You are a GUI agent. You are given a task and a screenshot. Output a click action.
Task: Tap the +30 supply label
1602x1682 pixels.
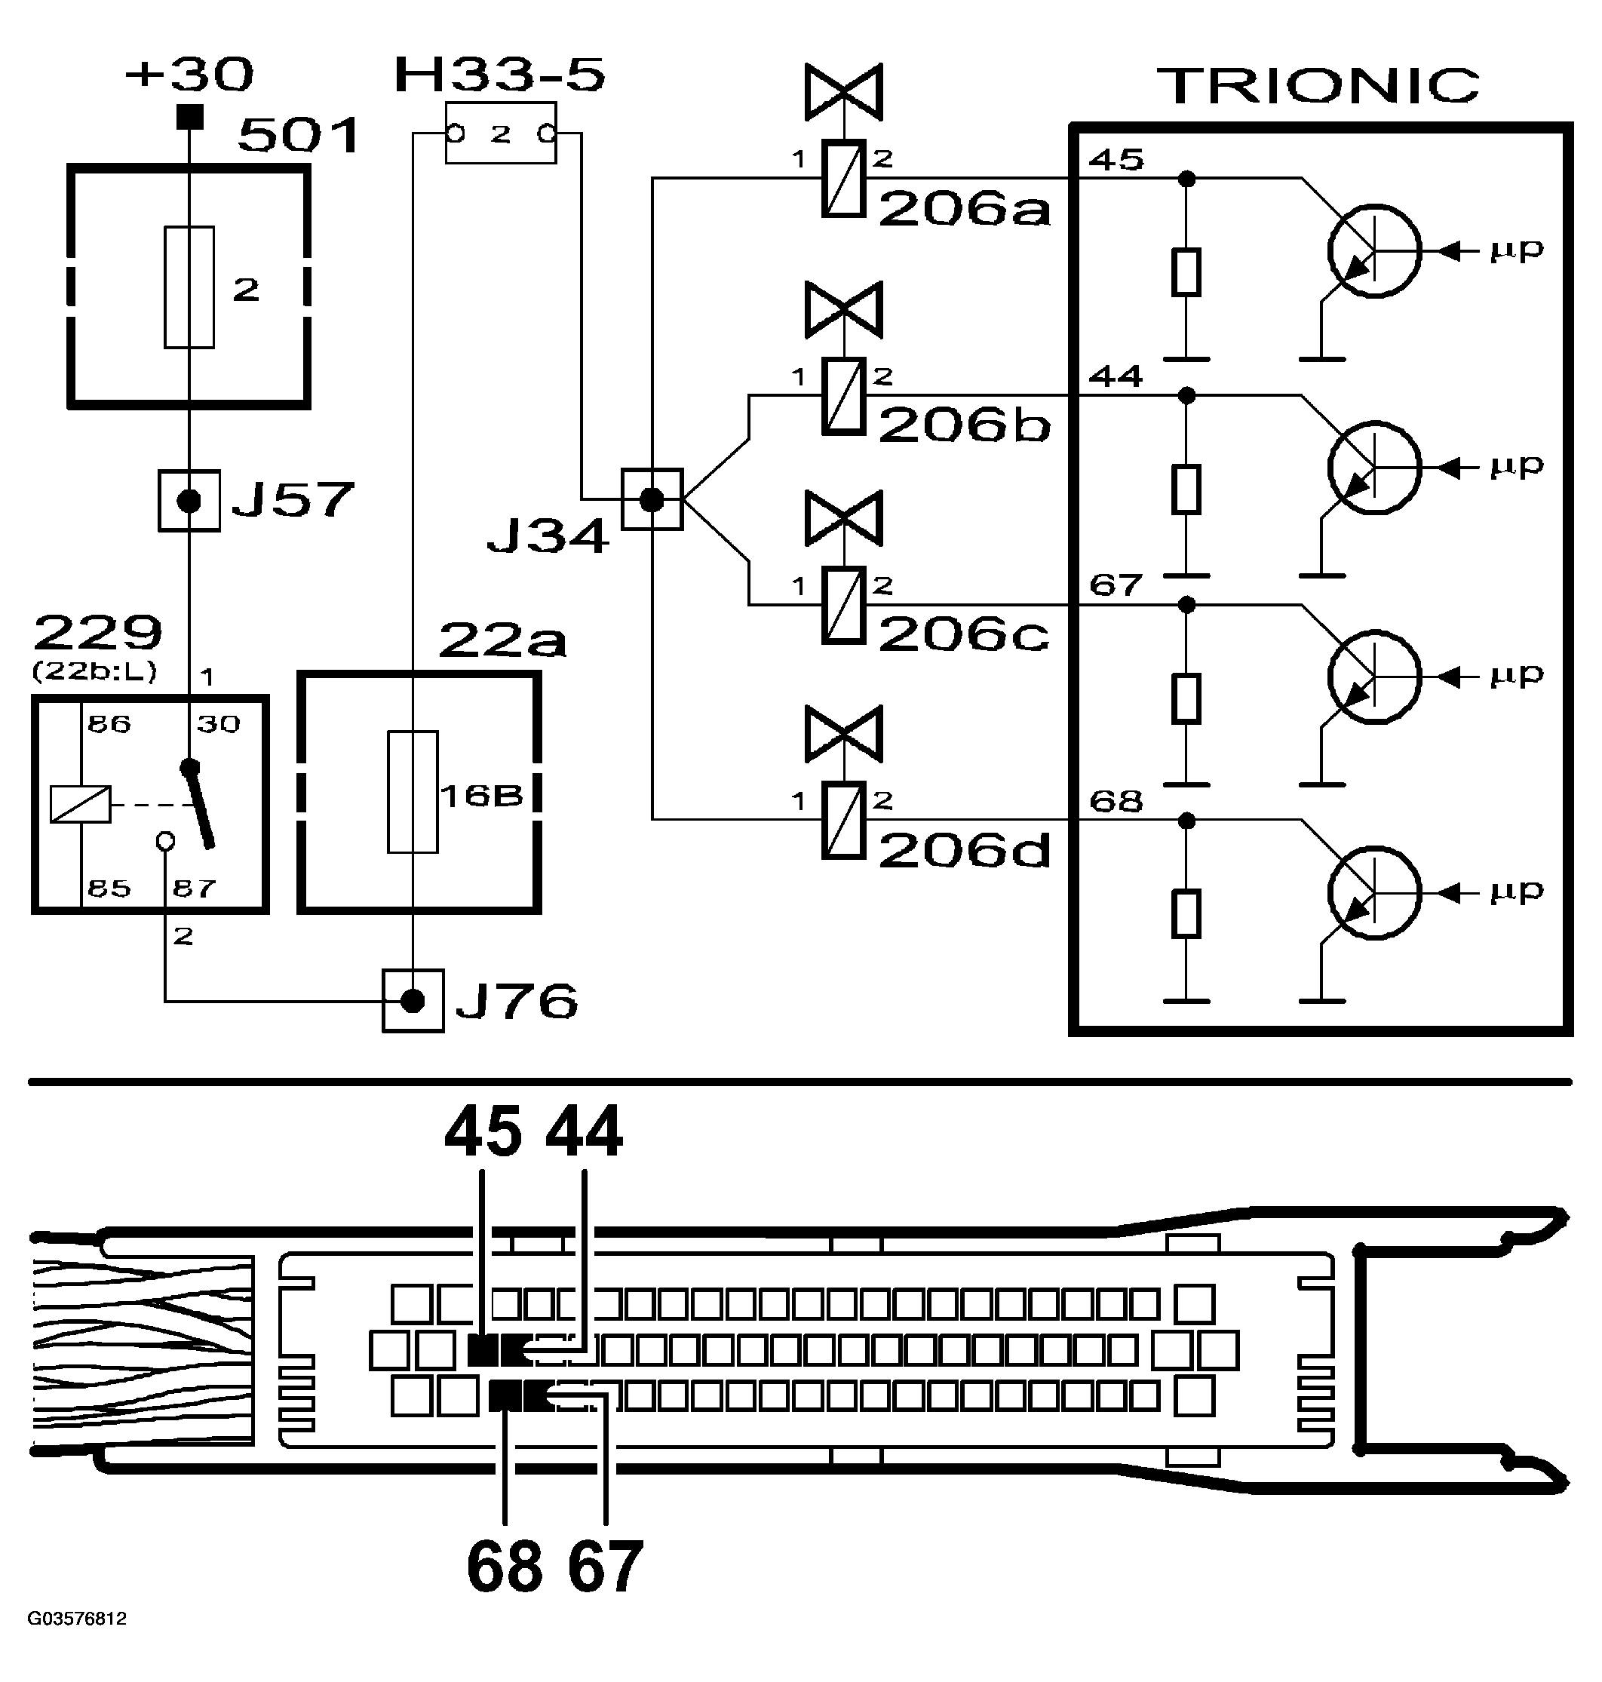(x=189, y=75)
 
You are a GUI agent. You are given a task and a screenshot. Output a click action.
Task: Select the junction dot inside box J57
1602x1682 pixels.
(x=189, y=501)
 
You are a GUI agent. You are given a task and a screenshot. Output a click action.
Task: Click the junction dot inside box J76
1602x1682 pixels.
(x=413, y=1001)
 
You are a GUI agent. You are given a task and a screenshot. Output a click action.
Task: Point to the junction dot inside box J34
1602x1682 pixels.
(x=652, y=499)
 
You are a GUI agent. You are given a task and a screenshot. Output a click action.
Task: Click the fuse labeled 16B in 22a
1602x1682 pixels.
(x=413, y=791)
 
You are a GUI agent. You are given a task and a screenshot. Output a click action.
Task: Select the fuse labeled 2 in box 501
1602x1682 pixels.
(x=189, y=287)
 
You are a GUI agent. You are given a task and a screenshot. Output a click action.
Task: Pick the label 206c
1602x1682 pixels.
(x=963, y=634)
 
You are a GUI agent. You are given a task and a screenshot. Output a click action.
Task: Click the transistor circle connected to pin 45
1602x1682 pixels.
(x=1374, y=251)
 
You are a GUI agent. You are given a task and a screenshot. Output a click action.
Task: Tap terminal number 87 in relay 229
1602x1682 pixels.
(x=194, y=889)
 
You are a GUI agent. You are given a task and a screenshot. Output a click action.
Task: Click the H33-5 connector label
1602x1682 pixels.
(x=499, y=75)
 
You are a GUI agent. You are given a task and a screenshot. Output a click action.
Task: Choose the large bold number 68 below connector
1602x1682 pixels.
(x=504, y=1566)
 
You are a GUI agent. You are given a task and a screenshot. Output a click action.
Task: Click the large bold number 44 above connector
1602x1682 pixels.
(x=584, y=1131)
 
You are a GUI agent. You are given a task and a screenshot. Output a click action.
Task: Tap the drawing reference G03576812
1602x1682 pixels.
(x=77, y=1619)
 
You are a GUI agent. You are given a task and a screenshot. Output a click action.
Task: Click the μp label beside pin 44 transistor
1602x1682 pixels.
(x=1517, y=465)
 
